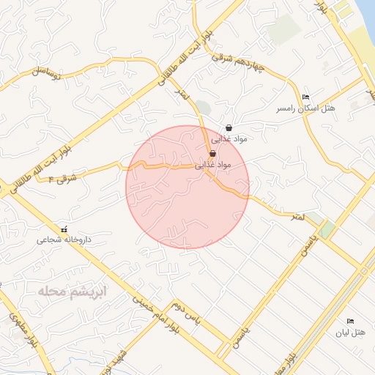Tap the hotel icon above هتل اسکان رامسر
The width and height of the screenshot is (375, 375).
point(305,97)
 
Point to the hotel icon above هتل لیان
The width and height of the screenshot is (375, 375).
point(349,322)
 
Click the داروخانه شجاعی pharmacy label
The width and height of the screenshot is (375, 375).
point(65,240)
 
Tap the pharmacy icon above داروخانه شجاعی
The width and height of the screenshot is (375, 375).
point(65,229)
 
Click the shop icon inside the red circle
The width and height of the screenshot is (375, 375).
point(212,154)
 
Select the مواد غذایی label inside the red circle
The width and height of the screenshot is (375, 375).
point(212,166)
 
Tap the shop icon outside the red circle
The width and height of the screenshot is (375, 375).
point(229,127)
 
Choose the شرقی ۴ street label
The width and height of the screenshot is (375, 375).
point(62,177)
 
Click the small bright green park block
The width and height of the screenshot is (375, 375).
point(327,229)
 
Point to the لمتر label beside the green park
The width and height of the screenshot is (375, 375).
point(297,217)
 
